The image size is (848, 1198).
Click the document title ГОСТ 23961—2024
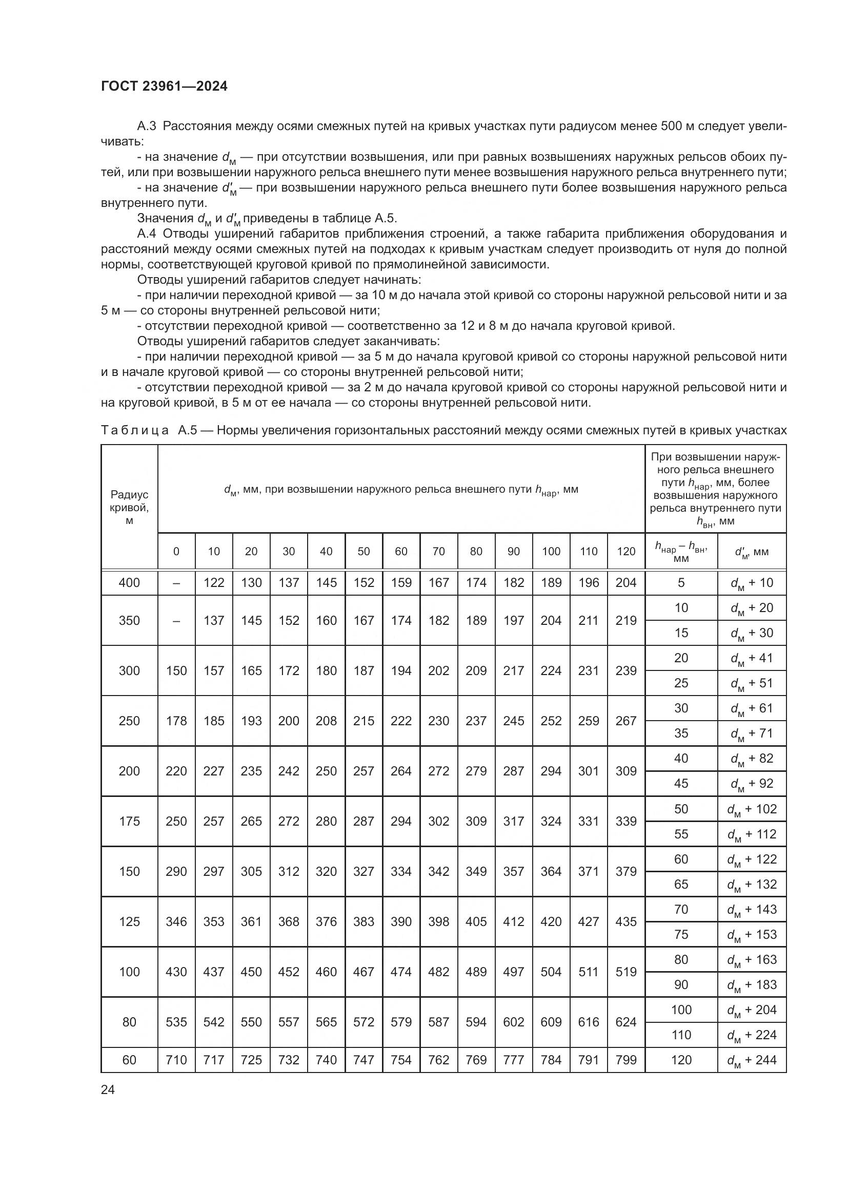(x=165, y=87)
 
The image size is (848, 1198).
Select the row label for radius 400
(x=129, y=583)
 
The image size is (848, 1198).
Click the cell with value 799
(x=626, y=1060)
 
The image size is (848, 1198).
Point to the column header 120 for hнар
(x=626, y=552)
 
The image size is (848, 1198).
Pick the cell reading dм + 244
(x=752, y=1060)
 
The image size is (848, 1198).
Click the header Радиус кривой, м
(x=129, y=507)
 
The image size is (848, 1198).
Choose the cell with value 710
(x=176, y=1060)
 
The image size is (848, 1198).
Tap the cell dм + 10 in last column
(x=752, y=583)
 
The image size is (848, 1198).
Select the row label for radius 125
(x=129, y=921)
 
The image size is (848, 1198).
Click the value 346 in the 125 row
(x=176, y=921)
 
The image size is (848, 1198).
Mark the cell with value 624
(x=626, y=1022)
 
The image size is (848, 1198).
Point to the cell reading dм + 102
(x=752, y=809)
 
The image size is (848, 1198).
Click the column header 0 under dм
(x=176, y=552)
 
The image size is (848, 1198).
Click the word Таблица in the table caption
(x=135, y=430)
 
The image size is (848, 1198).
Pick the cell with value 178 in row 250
(x=176, y=721)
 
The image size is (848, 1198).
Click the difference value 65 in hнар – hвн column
(x=681, y=885)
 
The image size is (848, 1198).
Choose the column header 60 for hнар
(x=401, y=552)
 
